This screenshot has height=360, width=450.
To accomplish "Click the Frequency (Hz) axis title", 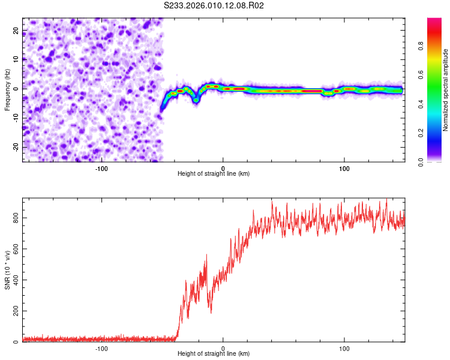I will pyautogui.click(x=7, y=89).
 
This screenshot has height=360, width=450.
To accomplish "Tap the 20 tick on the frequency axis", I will pyautogui.click(x=16, y=29).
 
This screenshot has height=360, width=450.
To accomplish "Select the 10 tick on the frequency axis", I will pyautogui.click(x=16, y=59).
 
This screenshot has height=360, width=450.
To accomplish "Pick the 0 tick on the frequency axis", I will pyautogui.click(x=18, y=88).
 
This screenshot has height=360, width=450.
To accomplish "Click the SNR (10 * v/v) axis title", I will pyautogui.click(x=7, y=269).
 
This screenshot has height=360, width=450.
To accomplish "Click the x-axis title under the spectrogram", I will pyautogui.click(x=214, y=173).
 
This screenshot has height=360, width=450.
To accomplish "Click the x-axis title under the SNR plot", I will pyautogui.click(x=214, y=354).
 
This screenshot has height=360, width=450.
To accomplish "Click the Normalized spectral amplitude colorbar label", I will pyautogui.click(x=446, y=90).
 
